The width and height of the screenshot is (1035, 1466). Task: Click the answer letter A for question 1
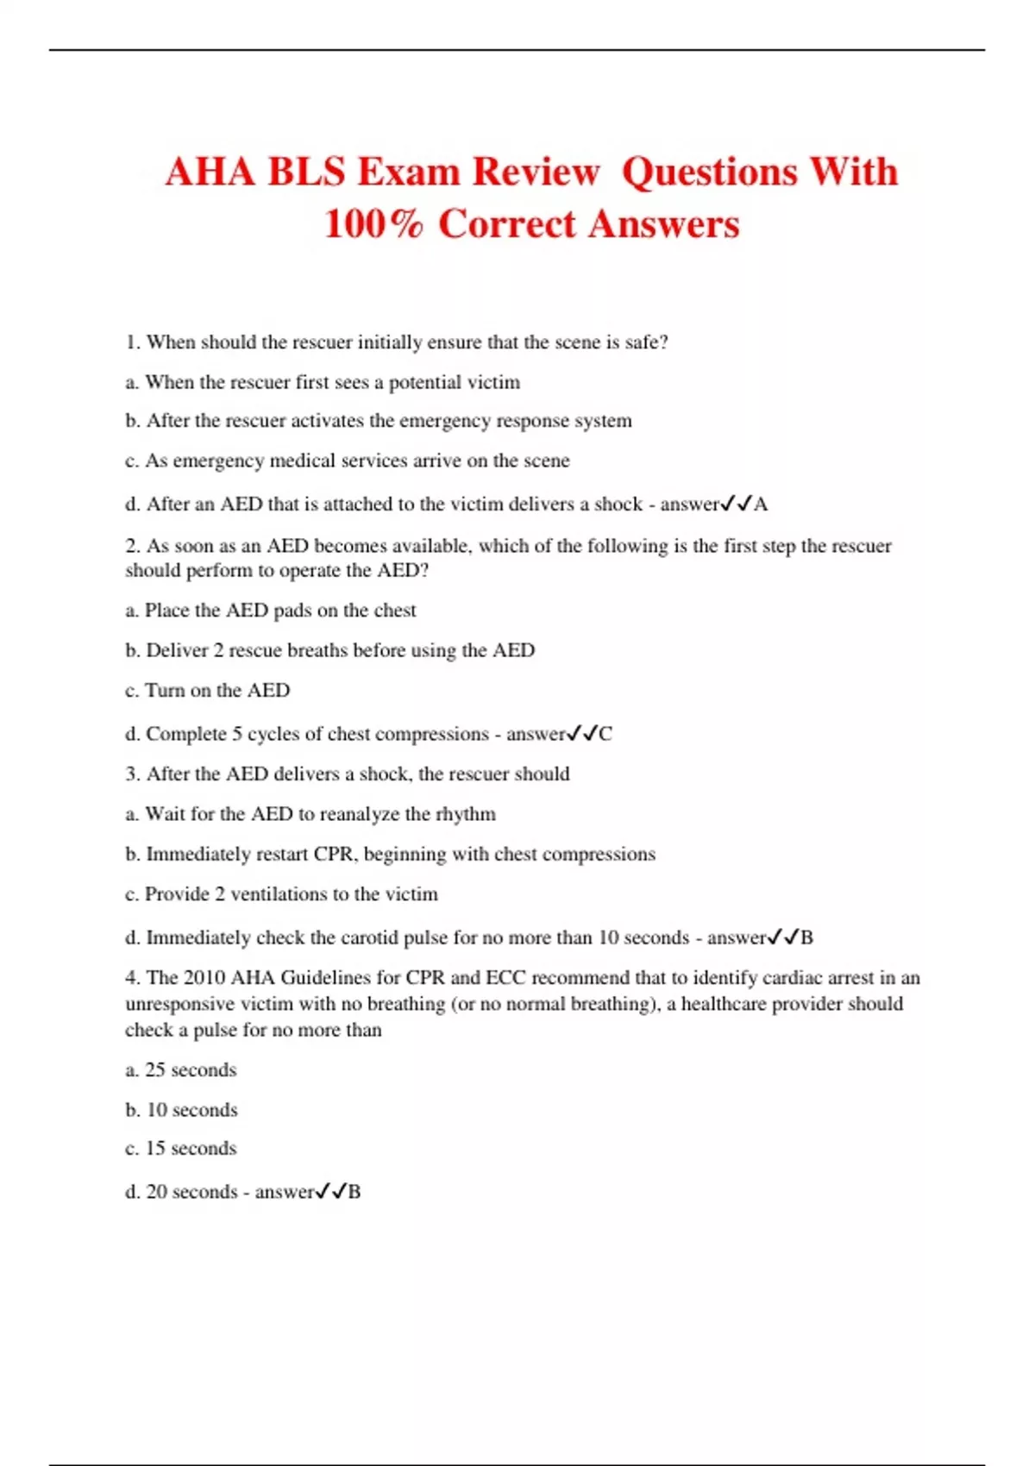(x=761, y=504)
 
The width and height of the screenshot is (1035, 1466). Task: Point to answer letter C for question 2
(x=605, y=734)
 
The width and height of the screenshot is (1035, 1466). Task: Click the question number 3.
(x=132, y=774)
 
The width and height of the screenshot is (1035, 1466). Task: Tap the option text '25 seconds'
(x=191, y=1070)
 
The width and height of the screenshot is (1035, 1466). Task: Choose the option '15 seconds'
(x=191, y=1149)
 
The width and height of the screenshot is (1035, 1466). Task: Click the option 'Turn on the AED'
(x=217, y=691)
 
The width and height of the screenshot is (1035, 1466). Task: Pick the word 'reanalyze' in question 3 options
(x=350, y=814)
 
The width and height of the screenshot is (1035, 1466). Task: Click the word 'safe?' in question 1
(x=647, y=342)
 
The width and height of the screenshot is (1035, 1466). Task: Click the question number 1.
(x=132, y=342)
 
